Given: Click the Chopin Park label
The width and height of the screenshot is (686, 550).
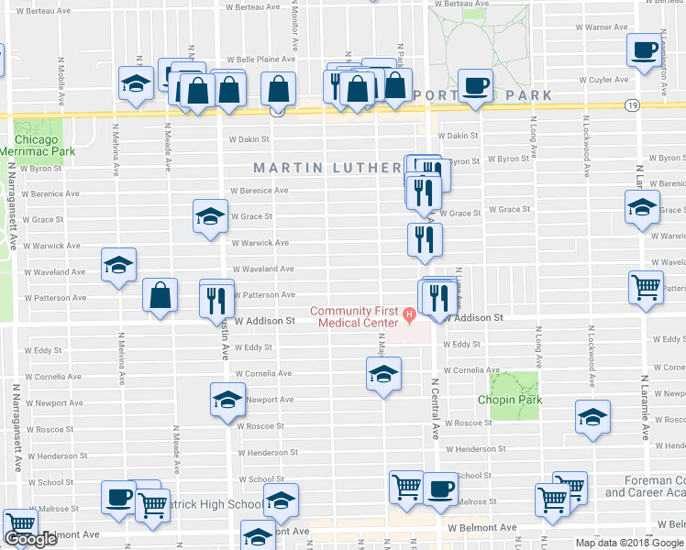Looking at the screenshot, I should pyautogui.click(x=509, y=400).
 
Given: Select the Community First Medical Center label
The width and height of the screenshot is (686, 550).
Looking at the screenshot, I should pyautogui.click(x=353, y=315).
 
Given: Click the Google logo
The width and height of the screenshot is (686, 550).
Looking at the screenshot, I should pyautogui.click(x=30, y=540).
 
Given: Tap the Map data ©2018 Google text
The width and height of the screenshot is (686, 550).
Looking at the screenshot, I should pyautogui.click(x=629, y=543).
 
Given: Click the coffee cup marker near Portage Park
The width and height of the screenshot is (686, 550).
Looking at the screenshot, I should pyautogui.click(x=475, y=86).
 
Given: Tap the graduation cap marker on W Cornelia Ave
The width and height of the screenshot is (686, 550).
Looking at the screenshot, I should pyautogui.click(x=383, y=373).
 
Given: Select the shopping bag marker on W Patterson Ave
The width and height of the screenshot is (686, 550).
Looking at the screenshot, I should pyautogui.click(x=160, y=295).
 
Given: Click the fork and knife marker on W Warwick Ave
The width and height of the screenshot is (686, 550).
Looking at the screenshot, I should pyautogui.click(x=425, y=240).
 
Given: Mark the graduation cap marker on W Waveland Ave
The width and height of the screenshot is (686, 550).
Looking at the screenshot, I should pyautogui.click(x=118, y=266).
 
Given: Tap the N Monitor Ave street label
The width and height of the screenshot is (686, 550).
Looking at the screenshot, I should pyautogui.click(x=293, y=27).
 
